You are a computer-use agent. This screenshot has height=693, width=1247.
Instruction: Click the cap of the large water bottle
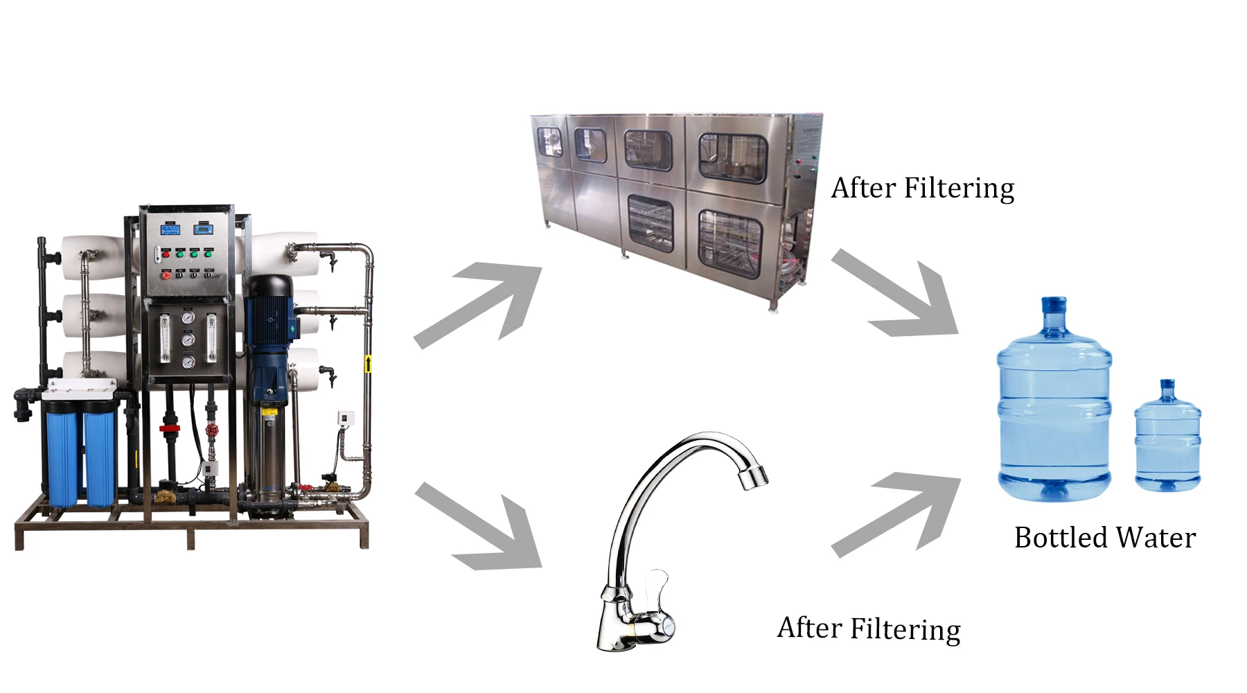point(1054,304)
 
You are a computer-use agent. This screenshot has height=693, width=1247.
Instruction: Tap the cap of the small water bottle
point(1167,383)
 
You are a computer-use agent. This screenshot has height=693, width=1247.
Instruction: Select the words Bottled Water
point(1105,538)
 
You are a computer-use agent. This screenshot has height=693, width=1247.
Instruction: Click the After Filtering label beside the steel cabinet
point(922,188)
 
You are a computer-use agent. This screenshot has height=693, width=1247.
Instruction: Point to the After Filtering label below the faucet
point(869,629)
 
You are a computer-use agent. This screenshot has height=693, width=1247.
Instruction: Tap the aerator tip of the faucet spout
point(753,477)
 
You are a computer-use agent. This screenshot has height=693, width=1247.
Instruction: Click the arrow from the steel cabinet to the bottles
point(901,295)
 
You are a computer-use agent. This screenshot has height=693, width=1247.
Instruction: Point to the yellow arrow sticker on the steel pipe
point(368,363)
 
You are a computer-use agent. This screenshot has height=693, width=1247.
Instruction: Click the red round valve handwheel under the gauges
point(212,430)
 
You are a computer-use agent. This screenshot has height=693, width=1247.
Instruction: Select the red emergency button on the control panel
point(166,275)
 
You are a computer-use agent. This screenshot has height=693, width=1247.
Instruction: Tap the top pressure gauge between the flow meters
point(188,318)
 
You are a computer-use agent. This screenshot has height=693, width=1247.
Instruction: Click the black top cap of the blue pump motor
point(269,285)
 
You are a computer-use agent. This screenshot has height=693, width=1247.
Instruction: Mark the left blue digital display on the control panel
point(170,229)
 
